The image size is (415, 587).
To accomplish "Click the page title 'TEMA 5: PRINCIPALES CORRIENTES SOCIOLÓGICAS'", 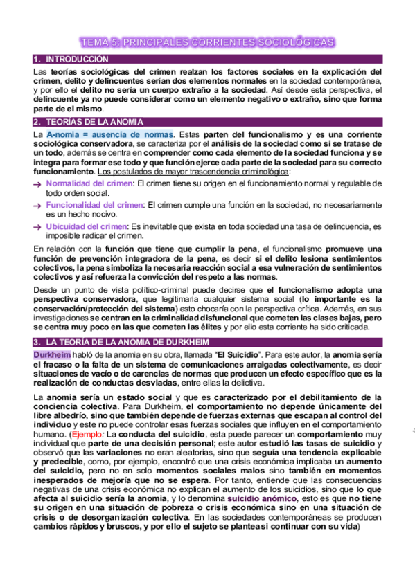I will (207, 43).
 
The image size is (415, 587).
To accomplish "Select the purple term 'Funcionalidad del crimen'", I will (94, 205).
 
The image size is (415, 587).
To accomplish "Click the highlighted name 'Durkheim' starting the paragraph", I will (51, 355).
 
